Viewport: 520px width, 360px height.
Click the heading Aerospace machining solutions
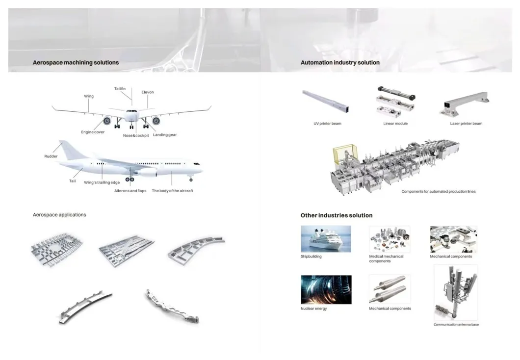pyautogui.click(x=76, y=63)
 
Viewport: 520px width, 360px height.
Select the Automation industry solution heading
pyautogui.click(x=340, y=63)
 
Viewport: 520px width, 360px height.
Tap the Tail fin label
pyautogui.click(x=120, y=89)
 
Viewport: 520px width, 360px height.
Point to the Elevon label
pyautogui.click(x=148, y=92)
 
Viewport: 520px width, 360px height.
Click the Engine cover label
pyautogui.click(x=93, y=132)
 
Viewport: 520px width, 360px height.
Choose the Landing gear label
pyautogui.click(x=165, y=135)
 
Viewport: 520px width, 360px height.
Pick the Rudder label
pyautogui.click(x=51, y=156)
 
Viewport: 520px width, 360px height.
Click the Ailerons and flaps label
pyautogui.click(x=130, y=191)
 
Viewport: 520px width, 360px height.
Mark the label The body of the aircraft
pyautogui.click(x=172, y=191)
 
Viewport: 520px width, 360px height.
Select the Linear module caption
pyautogui.click(x=395, y=124)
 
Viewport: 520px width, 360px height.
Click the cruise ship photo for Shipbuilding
pyautogui.click(x=326, y=239)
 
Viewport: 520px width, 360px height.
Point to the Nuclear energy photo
pyautogui.click(x=326, y=289)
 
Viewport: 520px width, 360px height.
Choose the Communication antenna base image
pyautogui.click(x=456, y=293)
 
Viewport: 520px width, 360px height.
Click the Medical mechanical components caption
pyautogui.click(x=387, y=258)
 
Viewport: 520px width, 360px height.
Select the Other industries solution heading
pyautogui.click(x=337, y=215)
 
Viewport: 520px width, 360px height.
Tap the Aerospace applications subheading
pyautogui.click(x=59, y=215)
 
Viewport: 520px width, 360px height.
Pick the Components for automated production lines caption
pyautogui.click(x=439, y=191)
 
